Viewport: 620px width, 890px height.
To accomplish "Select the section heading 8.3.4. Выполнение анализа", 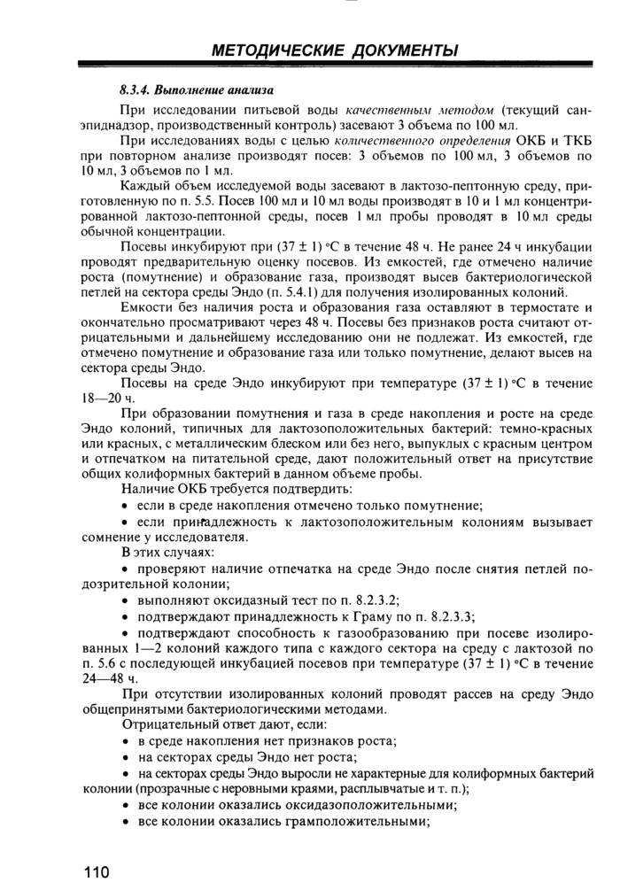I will (x=197, y=90).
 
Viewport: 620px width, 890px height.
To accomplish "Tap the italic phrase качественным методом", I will (x=421, y=111).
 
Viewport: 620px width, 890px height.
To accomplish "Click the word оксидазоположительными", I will (x=366, y=805).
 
